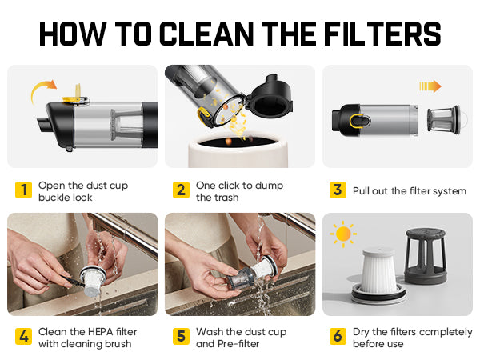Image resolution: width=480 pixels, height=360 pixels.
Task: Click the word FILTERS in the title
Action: tap(382, 34)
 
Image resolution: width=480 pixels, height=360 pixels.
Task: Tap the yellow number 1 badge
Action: tap(23, 190)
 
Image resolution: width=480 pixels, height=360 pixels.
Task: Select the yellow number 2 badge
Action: tap(181, 190)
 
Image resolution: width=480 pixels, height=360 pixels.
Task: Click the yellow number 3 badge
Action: tap(338, 190)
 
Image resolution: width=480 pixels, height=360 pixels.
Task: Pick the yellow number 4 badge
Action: tap(23, 337)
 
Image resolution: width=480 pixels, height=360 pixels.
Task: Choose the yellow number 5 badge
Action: tap(181, 337)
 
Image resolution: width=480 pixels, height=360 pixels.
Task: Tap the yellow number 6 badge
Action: tap(338, 337)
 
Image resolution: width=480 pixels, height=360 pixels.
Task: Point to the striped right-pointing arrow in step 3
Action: tap(430, 86)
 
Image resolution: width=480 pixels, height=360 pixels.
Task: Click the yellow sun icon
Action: tap(343, 234)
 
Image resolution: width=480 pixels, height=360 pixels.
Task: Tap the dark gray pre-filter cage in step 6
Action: tap(426, 257)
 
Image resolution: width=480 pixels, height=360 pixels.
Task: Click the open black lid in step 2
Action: tap(270, 96)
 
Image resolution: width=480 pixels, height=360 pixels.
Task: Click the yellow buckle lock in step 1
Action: tap(76, 97)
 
